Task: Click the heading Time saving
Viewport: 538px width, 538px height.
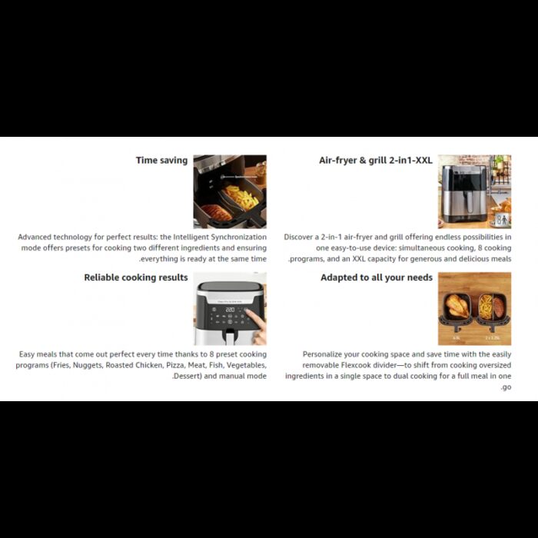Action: (161, 161)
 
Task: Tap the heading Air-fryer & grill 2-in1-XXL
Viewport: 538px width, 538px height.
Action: (376, 161)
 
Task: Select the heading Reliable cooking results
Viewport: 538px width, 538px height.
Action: (136, 277)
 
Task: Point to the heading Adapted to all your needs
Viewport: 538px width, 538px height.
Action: (377, 277)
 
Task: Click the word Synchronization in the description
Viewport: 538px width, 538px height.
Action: (239, 237)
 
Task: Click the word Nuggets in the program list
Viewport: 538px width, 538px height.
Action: (88, 365)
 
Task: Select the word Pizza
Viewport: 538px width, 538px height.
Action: (176, 365)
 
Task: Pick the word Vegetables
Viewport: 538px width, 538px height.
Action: (247, 365)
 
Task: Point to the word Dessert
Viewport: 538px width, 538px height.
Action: (187, 376)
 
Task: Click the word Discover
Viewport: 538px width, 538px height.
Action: (298, 237)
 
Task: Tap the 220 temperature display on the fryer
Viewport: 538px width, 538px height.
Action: (230, 310)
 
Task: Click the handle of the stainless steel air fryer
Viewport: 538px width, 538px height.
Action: (470, 202)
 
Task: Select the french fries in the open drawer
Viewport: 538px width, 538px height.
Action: (242, 198)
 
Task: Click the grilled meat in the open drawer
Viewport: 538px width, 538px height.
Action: (216, 212)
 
